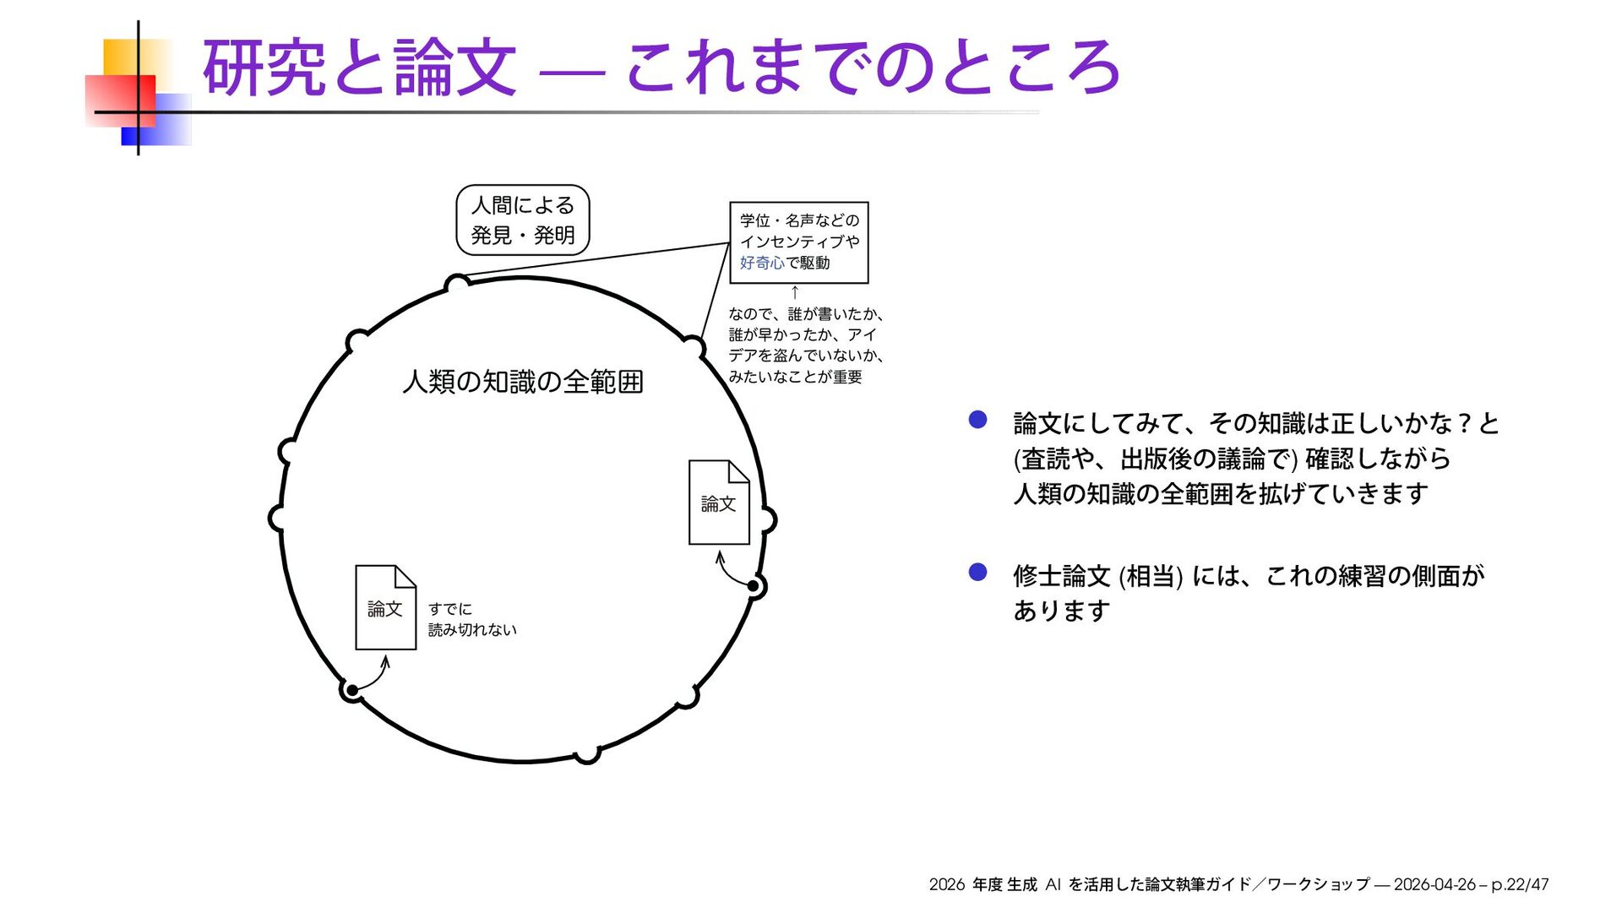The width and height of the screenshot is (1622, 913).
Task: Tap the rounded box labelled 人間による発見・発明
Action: tap(522, 220)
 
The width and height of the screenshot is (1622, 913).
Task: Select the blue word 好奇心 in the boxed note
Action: tap(762, 263)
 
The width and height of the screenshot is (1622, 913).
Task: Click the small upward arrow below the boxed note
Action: tap(795, 293)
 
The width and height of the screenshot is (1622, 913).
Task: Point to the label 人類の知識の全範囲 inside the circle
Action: tap(523, 382)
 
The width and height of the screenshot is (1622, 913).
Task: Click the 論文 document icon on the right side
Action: tap(719, 503)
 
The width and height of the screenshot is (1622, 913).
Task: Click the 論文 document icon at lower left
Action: tap(385, 607)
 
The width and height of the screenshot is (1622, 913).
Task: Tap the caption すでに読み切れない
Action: tap(471, 619)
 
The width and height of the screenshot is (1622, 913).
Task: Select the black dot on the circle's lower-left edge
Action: tap(352, 691)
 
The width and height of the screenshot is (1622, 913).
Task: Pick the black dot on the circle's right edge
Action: tap(754, 585)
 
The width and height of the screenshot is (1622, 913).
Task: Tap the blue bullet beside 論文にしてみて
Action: tap(977, 420)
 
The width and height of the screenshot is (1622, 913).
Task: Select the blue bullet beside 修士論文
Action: tap(977, 573)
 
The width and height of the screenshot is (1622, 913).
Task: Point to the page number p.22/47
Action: tap(1520, 884)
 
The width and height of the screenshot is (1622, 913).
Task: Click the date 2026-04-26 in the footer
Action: tap(1434, 884)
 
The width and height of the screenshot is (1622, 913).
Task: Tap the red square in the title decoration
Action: tap(120, 101)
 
